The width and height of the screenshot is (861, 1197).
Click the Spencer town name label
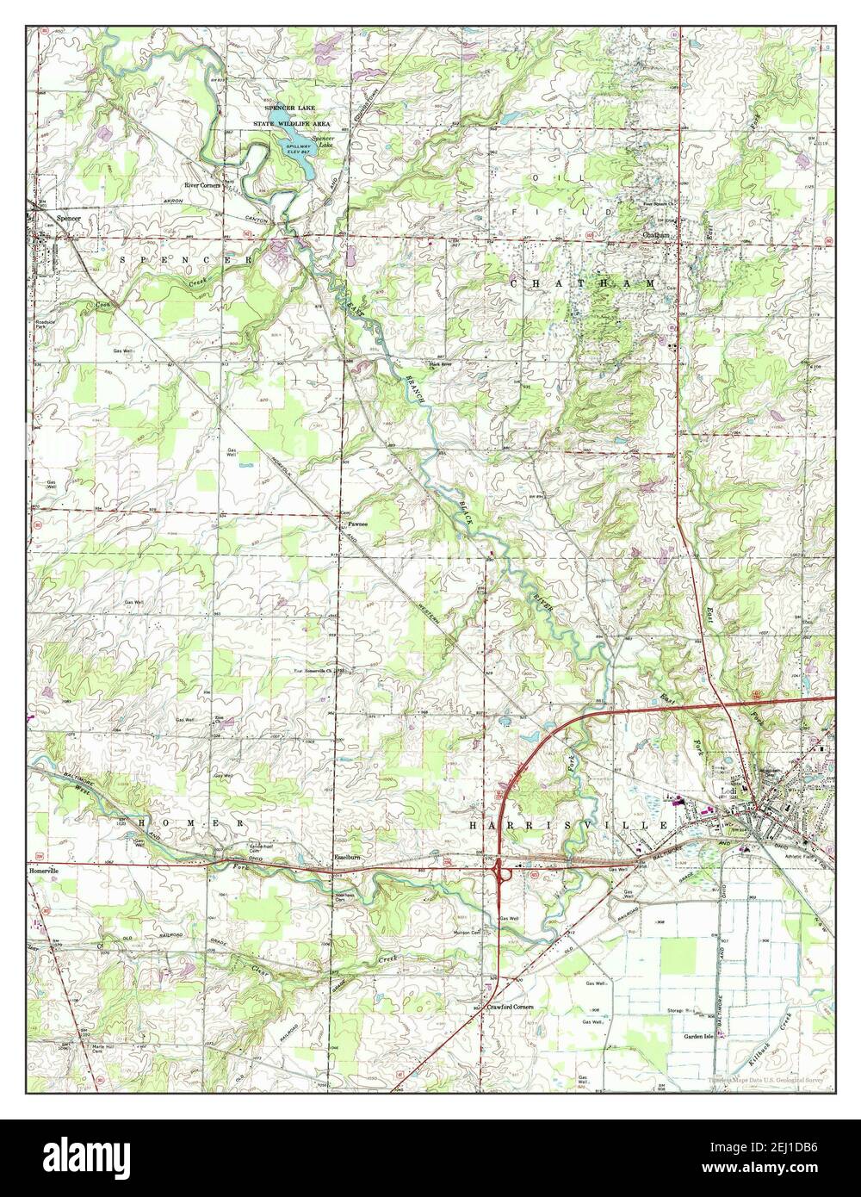pyautogui.click(x=67, y=219)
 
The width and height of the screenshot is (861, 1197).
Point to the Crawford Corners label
pyautogui.click(x=510, y=1006)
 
